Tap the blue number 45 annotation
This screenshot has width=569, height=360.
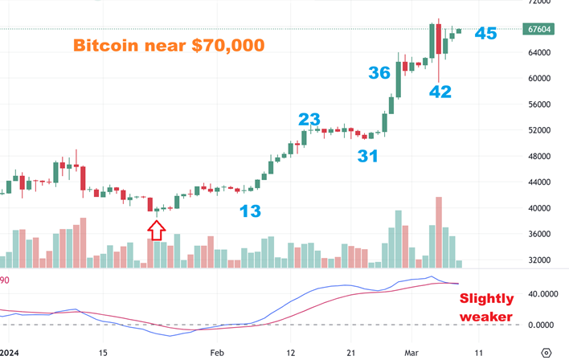coord(485,33)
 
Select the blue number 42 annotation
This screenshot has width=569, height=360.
coord(440,92)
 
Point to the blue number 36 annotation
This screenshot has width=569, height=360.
coord(379,72)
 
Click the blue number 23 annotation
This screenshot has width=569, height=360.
coord(309,119)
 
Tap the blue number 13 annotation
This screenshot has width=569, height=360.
coord(250,211)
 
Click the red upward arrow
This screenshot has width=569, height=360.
coord(157,231)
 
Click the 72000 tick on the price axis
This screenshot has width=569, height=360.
coord(536,3)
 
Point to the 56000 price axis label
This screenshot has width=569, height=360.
coord(536,104)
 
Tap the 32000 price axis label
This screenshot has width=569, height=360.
coord(536,260)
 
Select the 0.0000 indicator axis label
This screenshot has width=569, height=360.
coord(536,325)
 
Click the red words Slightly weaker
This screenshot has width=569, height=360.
coord(485,308)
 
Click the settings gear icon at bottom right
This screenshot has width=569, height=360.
coord(546,352)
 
